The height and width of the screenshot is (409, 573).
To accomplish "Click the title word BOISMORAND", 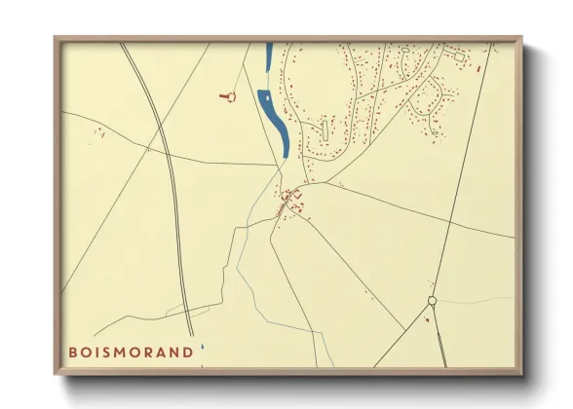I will [131, 352].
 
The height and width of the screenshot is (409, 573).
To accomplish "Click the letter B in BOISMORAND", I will [72, 352].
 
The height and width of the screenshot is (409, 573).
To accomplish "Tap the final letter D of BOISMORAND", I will [188, 352].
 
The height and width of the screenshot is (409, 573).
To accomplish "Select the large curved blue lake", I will [274, 122].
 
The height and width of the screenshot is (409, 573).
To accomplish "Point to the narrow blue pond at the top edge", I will [268, 56].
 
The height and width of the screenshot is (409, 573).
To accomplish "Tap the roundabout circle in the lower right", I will [432, 301].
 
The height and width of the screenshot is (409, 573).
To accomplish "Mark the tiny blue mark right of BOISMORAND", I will [202, 346].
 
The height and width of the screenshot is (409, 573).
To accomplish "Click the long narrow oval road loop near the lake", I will [324, 129].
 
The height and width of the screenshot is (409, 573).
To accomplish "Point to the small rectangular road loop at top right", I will [457, 57].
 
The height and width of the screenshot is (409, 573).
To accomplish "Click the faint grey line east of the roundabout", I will [477, 299].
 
